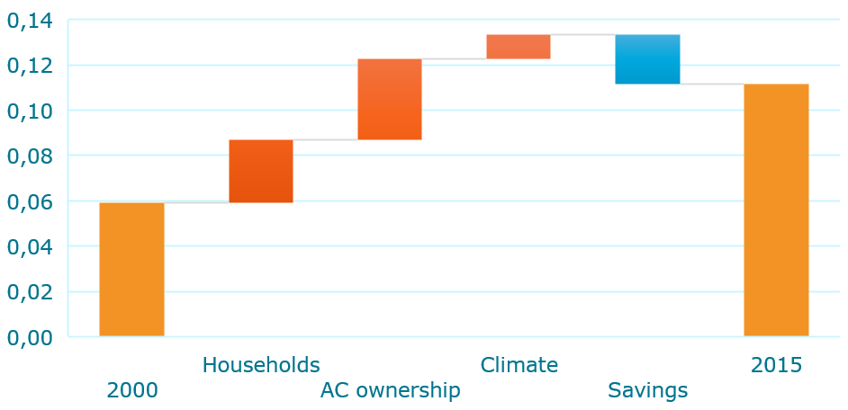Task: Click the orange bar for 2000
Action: (x=131, y=270)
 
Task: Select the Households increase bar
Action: (x=261, y=171)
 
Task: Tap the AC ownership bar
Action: (x=390, y=99)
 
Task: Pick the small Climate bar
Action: (x=519, y=47)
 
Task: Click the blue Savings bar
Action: (x=647, y=59)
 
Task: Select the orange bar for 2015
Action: (x=776, y=210)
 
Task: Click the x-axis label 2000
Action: (x=132, y=390)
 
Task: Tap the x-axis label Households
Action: (x=261, y=365)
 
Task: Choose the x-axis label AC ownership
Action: (x=391, y=390)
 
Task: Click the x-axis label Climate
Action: (x=519, y=365)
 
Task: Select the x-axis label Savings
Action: (x=648, y=391)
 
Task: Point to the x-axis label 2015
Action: (x=777, y=365)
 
